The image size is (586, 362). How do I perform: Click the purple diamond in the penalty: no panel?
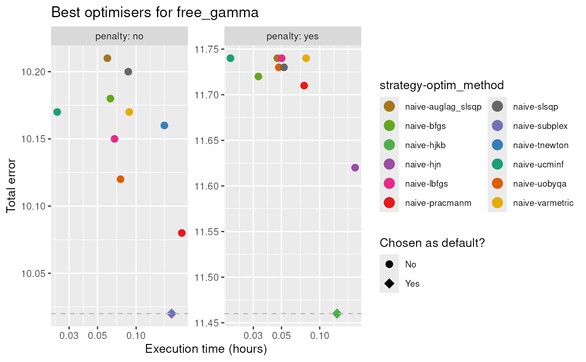pos(172,313)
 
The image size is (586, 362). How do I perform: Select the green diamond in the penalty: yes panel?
pos(337,313)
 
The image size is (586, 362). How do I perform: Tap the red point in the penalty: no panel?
pos(182,233)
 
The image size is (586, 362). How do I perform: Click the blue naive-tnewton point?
pos(164,126)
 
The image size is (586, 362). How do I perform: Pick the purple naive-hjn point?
pos(355,168)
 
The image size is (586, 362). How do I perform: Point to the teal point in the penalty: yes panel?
pos(230,58)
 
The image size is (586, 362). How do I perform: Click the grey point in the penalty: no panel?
pos(129,72)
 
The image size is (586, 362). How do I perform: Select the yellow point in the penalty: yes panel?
pos(306,58)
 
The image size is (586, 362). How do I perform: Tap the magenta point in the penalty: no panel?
pos(114,139)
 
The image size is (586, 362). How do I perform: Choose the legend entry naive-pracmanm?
pos(438,203)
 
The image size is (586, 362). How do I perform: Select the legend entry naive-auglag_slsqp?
pos(443,107)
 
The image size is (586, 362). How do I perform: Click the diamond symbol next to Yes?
pos(389,284)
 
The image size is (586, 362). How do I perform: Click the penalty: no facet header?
pos(120,36)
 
